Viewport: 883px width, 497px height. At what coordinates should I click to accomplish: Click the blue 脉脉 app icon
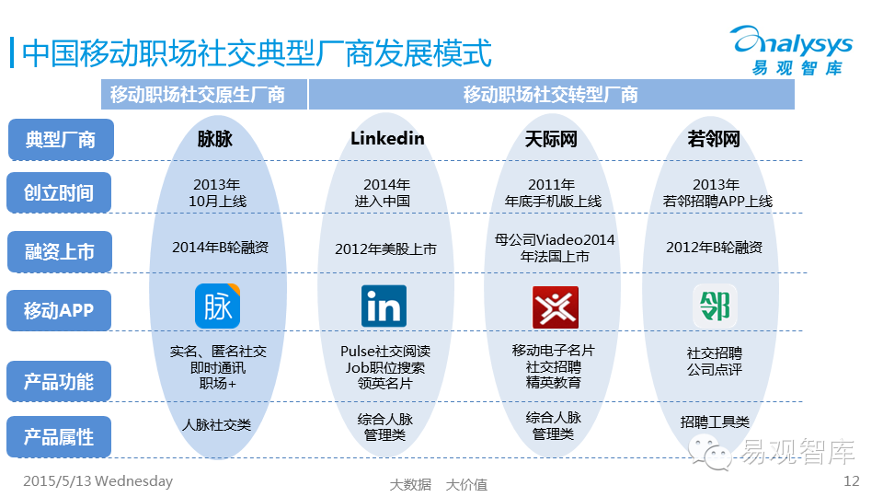point(218,306)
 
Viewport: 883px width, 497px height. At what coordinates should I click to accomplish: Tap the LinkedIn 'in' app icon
point(384,306)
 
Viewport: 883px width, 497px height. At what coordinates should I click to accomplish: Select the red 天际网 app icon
point(556,307)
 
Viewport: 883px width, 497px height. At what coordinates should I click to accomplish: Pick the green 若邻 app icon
point(715,306)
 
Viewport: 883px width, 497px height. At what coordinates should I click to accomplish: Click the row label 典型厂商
point(60,140)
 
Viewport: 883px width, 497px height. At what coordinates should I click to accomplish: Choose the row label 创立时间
point(60,193)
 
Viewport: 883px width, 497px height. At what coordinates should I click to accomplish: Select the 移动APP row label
point(60,310)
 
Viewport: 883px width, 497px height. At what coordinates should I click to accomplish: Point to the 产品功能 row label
point(60,381)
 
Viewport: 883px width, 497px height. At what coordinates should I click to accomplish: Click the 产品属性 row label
point(60,436)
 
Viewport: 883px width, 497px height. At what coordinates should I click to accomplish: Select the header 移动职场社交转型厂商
point(550,95)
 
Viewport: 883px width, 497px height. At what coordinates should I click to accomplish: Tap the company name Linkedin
point(387,139)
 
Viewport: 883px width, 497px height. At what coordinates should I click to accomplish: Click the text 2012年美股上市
point(385,248)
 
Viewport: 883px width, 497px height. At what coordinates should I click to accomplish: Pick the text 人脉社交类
point(217,425)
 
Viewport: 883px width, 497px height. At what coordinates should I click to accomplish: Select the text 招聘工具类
point(715,422)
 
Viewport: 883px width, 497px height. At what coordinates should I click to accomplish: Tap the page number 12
point(851,481)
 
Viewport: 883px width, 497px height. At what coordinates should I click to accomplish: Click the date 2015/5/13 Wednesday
point(97,481)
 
